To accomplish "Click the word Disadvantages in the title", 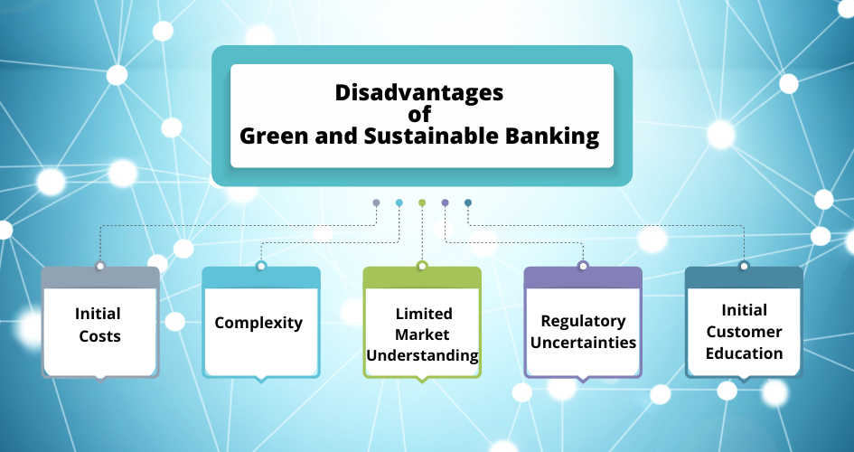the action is click(x=418, y=92).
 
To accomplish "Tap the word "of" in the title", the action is click(x=419, y=114).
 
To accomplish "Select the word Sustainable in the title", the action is click(x=431, y=136).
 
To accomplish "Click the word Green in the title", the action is click(x=275, y=137).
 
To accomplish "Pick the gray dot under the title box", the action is click(x=376, y=202).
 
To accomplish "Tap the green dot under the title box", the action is click(x=422, y=202).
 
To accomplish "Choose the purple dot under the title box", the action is click(x=445, y=202).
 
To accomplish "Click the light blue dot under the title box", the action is click(x=399, y=202).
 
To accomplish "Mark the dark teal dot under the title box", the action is click(x=468, y=202).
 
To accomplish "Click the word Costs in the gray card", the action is click(x=99, y=336).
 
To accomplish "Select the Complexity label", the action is click(x=258, y=323).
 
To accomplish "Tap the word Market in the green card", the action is click(x=422, y=334).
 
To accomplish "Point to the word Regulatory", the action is click(x=583, y=321).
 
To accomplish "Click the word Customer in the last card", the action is click(x=744, y=332).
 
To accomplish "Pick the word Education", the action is click(x=744, y=353).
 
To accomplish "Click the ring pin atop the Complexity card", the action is click(x=261, y=266).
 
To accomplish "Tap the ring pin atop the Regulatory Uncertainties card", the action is click(x=583, y=266).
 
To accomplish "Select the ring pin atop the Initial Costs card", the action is click(x=99, y=266).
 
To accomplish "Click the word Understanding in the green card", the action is click(x=422, y=355).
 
